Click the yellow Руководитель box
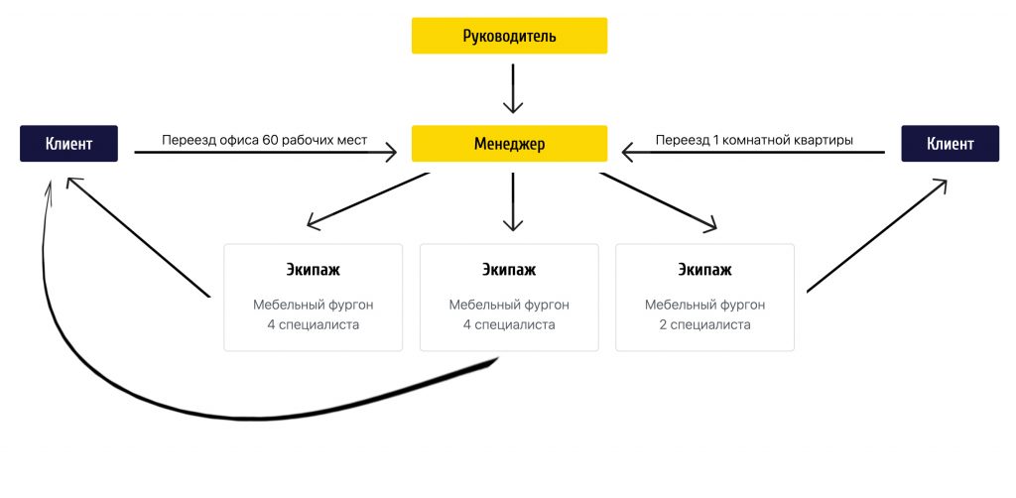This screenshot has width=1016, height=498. (x=509, y=37)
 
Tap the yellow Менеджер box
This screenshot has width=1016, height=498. (x=509, y=144)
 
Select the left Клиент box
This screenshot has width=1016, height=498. (x=68, y=144)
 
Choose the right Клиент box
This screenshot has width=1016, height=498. (x=950, y=144)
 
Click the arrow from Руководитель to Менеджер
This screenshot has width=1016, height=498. (x=512, y=89)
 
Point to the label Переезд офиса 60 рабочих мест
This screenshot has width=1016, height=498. (x=264, y=140)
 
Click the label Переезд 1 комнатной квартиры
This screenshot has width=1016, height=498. (x=754, y=140)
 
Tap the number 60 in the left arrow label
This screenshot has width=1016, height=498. (x=272, y=140)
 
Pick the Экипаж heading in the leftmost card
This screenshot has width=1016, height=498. (x=314, y=269)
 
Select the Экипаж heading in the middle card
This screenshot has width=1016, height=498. (x=509, y=269)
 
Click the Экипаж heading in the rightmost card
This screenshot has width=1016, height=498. (x=705, y=269)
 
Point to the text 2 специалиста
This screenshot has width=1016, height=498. (x=705, y=324)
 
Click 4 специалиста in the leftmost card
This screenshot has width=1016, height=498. (x=314, y=324)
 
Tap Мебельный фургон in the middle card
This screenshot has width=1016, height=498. (x=509, y=305)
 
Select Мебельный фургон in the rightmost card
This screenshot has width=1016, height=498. (x=705, y=305)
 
